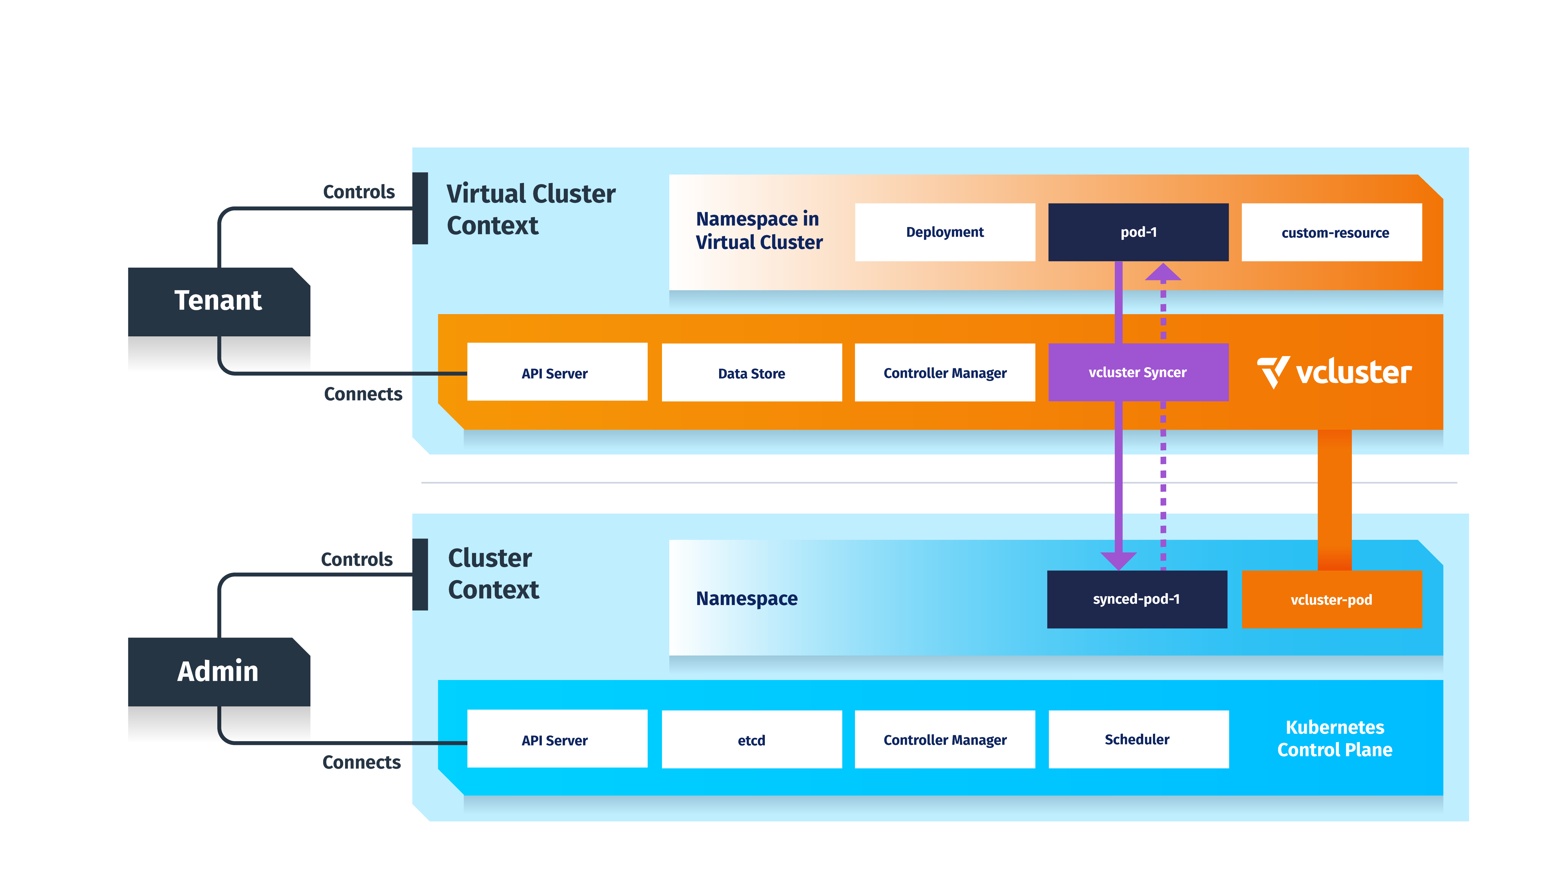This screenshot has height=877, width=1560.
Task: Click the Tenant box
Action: [219, 301]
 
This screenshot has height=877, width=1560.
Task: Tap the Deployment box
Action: [945, 232]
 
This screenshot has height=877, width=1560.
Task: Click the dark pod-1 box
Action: [1138, 232]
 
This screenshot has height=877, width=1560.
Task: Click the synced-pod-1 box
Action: [1137, 599]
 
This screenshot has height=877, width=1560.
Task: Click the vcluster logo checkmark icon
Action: [1273, 371]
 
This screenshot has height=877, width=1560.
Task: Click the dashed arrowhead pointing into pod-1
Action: [1163, 272]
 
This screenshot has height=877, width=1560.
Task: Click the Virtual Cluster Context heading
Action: [530, 209]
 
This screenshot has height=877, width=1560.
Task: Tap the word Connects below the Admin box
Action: [362, 762]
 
